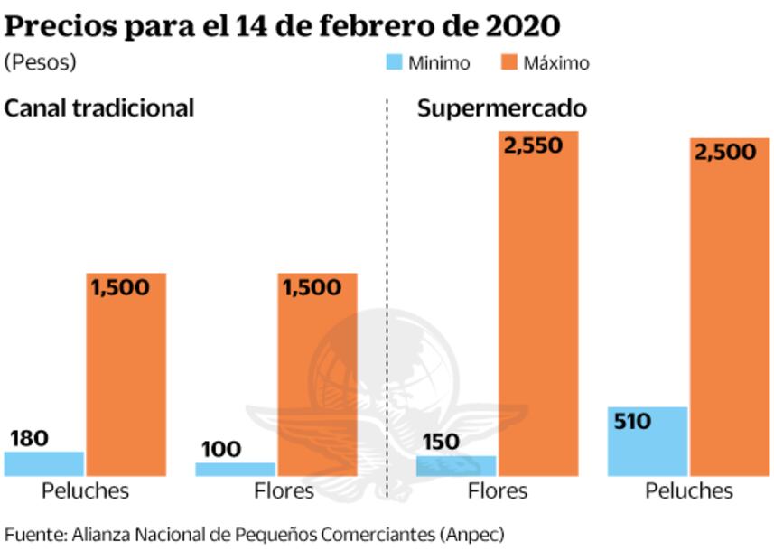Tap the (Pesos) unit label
coord(40,63)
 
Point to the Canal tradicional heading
coord(99,108)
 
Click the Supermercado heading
coord(502,108)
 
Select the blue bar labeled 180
coord(43,463)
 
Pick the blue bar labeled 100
coord(235,469)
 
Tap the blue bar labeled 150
coord(456,465)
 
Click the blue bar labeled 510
coord(648,441)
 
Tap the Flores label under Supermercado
coord(499,491)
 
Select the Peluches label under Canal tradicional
coord(86,491)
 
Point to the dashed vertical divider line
coord(387,298)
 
